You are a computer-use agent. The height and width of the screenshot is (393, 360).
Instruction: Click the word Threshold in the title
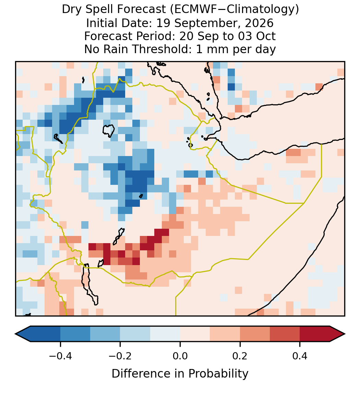click(165, 49)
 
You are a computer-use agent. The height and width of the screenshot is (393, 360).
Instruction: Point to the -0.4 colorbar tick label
click(60, 356)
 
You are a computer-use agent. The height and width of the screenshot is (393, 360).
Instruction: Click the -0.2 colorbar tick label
click(120, 356)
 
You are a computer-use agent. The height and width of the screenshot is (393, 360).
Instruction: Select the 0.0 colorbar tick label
click(180, 356)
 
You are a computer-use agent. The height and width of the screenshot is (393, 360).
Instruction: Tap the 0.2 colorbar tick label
click(240, 356)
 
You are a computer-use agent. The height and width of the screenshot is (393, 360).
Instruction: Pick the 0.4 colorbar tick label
click(300, 356)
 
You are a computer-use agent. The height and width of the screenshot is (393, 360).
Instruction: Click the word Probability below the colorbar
click(218, 374)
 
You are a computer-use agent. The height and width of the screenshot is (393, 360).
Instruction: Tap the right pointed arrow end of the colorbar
click(345, 334)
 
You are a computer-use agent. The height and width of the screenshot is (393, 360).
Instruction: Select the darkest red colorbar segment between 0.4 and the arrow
click(315, 334)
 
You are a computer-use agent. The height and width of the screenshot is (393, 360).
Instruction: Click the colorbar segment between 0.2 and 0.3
click(255, 334)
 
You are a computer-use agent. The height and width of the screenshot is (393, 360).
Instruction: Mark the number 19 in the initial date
click(163, 23)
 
